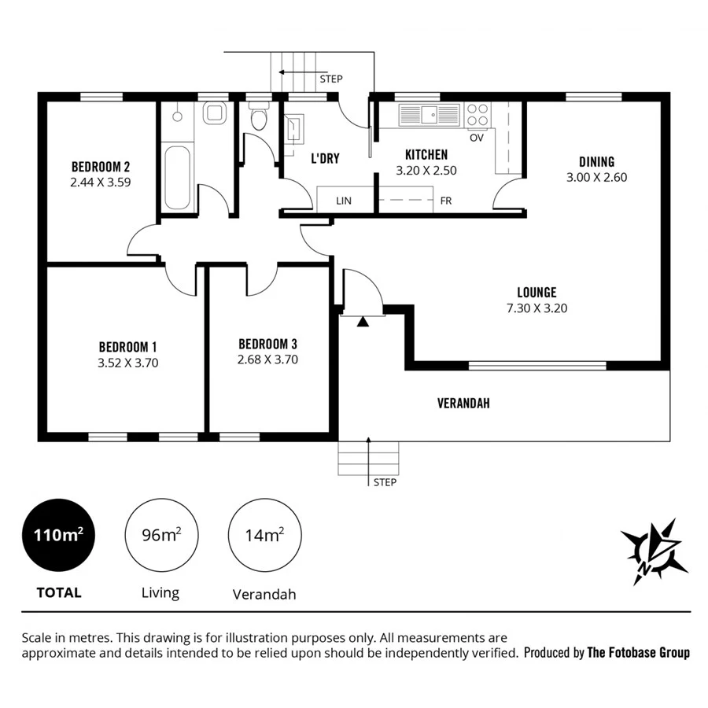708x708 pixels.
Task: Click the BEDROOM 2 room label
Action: coord(101,167)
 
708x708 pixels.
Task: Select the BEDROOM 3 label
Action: coord(267,344)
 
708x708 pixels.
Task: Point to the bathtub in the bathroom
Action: coord(177,176)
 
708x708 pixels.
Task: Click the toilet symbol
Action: coord(258,118)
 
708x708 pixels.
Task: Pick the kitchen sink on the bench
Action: coord(429,115)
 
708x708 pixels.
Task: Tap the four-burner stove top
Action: coord(478,115)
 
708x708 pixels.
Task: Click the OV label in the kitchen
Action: coord(476,138)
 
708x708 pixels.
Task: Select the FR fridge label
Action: coord(446,201)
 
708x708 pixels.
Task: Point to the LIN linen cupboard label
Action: coord(343,201)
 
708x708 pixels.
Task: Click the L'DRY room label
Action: coord(325,158)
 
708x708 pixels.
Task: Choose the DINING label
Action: coord(596,162)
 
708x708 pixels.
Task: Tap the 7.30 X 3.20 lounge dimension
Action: coord(537,308)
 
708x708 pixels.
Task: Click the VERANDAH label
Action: coord(463,403)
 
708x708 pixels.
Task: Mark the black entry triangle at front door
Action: coord(362,321)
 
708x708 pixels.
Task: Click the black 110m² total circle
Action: coord(58,537)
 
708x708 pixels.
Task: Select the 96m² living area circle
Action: coord(161,537)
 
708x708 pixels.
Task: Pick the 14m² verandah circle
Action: coord(264,537)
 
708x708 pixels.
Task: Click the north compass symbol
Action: coord(654,551)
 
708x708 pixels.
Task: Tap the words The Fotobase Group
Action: coord(639,652)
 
